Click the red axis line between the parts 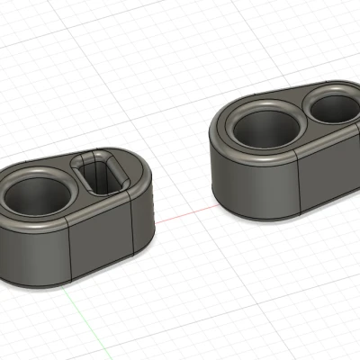pos(184,214)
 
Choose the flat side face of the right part pos(328,171)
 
